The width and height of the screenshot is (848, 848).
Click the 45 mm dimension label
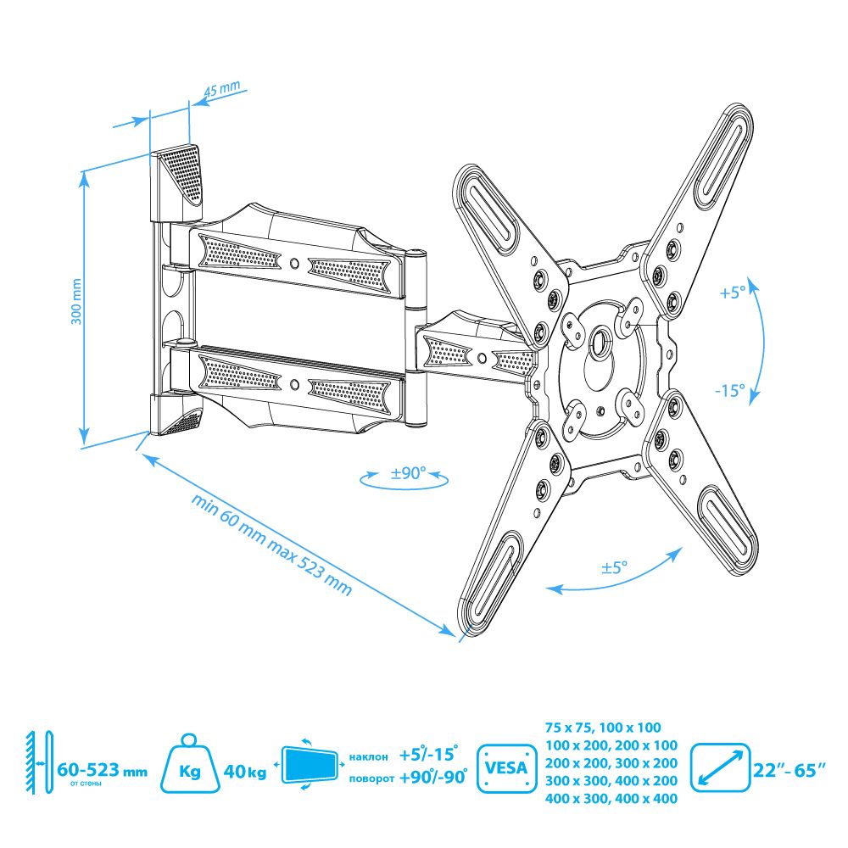tap(221, 89)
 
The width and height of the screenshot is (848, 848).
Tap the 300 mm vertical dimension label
tap(76, 302)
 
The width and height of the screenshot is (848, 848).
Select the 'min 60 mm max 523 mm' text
tap(271, 544)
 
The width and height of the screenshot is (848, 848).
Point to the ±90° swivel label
tap(409, 473)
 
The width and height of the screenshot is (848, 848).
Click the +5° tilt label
tap(733, 292)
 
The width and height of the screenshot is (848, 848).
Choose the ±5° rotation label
tap(614, 568)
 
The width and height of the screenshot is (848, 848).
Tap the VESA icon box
tap(506, 768)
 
